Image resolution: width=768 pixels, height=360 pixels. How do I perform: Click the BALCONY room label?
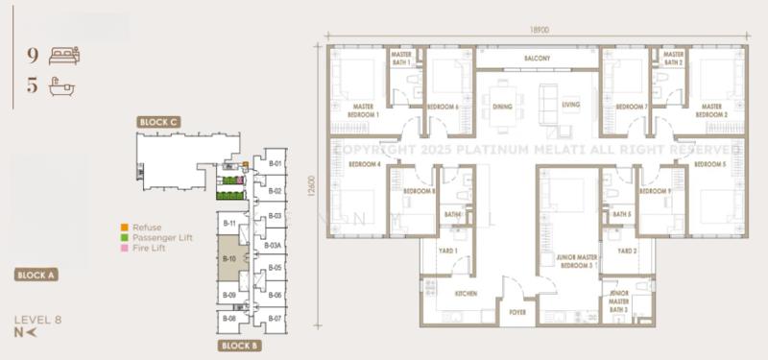point(537,59)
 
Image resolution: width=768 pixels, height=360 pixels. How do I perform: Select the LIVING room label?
point(571,106)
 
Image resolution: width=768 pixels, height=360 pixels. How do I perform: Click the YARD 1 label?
point(448,251)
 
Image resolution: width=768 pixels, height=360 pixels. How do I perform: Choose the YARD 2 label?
point(627,251)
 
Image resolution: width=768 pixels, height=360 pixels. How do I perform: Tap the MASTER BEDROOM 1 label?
point(364,110)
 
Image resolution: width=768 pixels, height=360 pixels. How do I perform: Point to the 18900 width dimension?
point(539,30)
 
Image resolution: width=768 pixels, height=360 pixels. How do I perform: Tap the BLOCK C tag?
point(158,122)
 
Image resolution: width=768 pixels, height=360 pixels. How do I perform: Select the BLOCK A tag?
point(36,275)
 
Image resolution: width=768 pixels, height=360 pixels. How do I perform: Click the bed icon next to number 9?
point(64,56)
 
